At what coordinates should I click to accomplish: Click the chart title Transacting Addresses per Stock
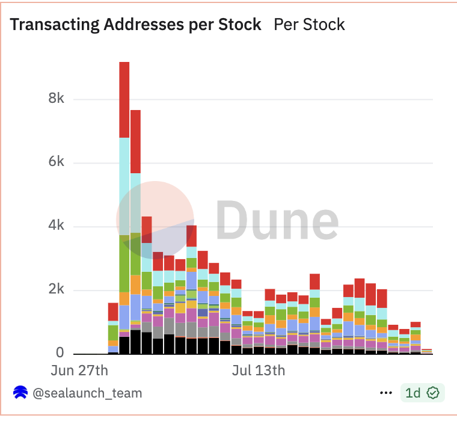[136, 25]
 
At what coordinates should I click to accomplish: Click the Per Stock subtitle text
[309, 25]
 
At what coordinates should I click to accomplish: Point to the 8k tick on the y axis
[56, 99]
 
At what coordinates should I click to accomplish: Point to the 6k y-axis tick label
[56, 162]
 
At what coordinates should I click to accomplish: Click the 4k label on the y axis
[56, 226]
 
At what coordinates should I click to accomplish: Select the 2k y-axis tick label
[56, 290]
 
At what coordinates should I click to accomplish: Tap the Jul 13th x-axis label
[259, 370]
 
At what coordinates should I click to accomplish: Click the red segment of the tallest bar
[124, 99]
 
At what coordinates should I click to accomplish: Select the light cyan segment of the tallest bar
[124, 186]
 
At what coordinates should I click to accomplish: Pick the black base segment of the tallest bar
[124, 346]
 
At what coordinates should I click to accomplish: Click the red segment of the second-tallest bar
[135, 141]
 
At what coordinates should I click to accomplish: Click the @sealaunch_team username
[87, 393]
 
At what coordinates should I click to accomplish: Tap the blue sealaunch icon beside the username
[20, 393]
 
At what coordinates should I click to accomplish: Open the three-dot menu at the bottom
[386, 393]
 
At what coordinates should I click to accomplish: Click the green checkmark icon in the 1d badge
[433, 393]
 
